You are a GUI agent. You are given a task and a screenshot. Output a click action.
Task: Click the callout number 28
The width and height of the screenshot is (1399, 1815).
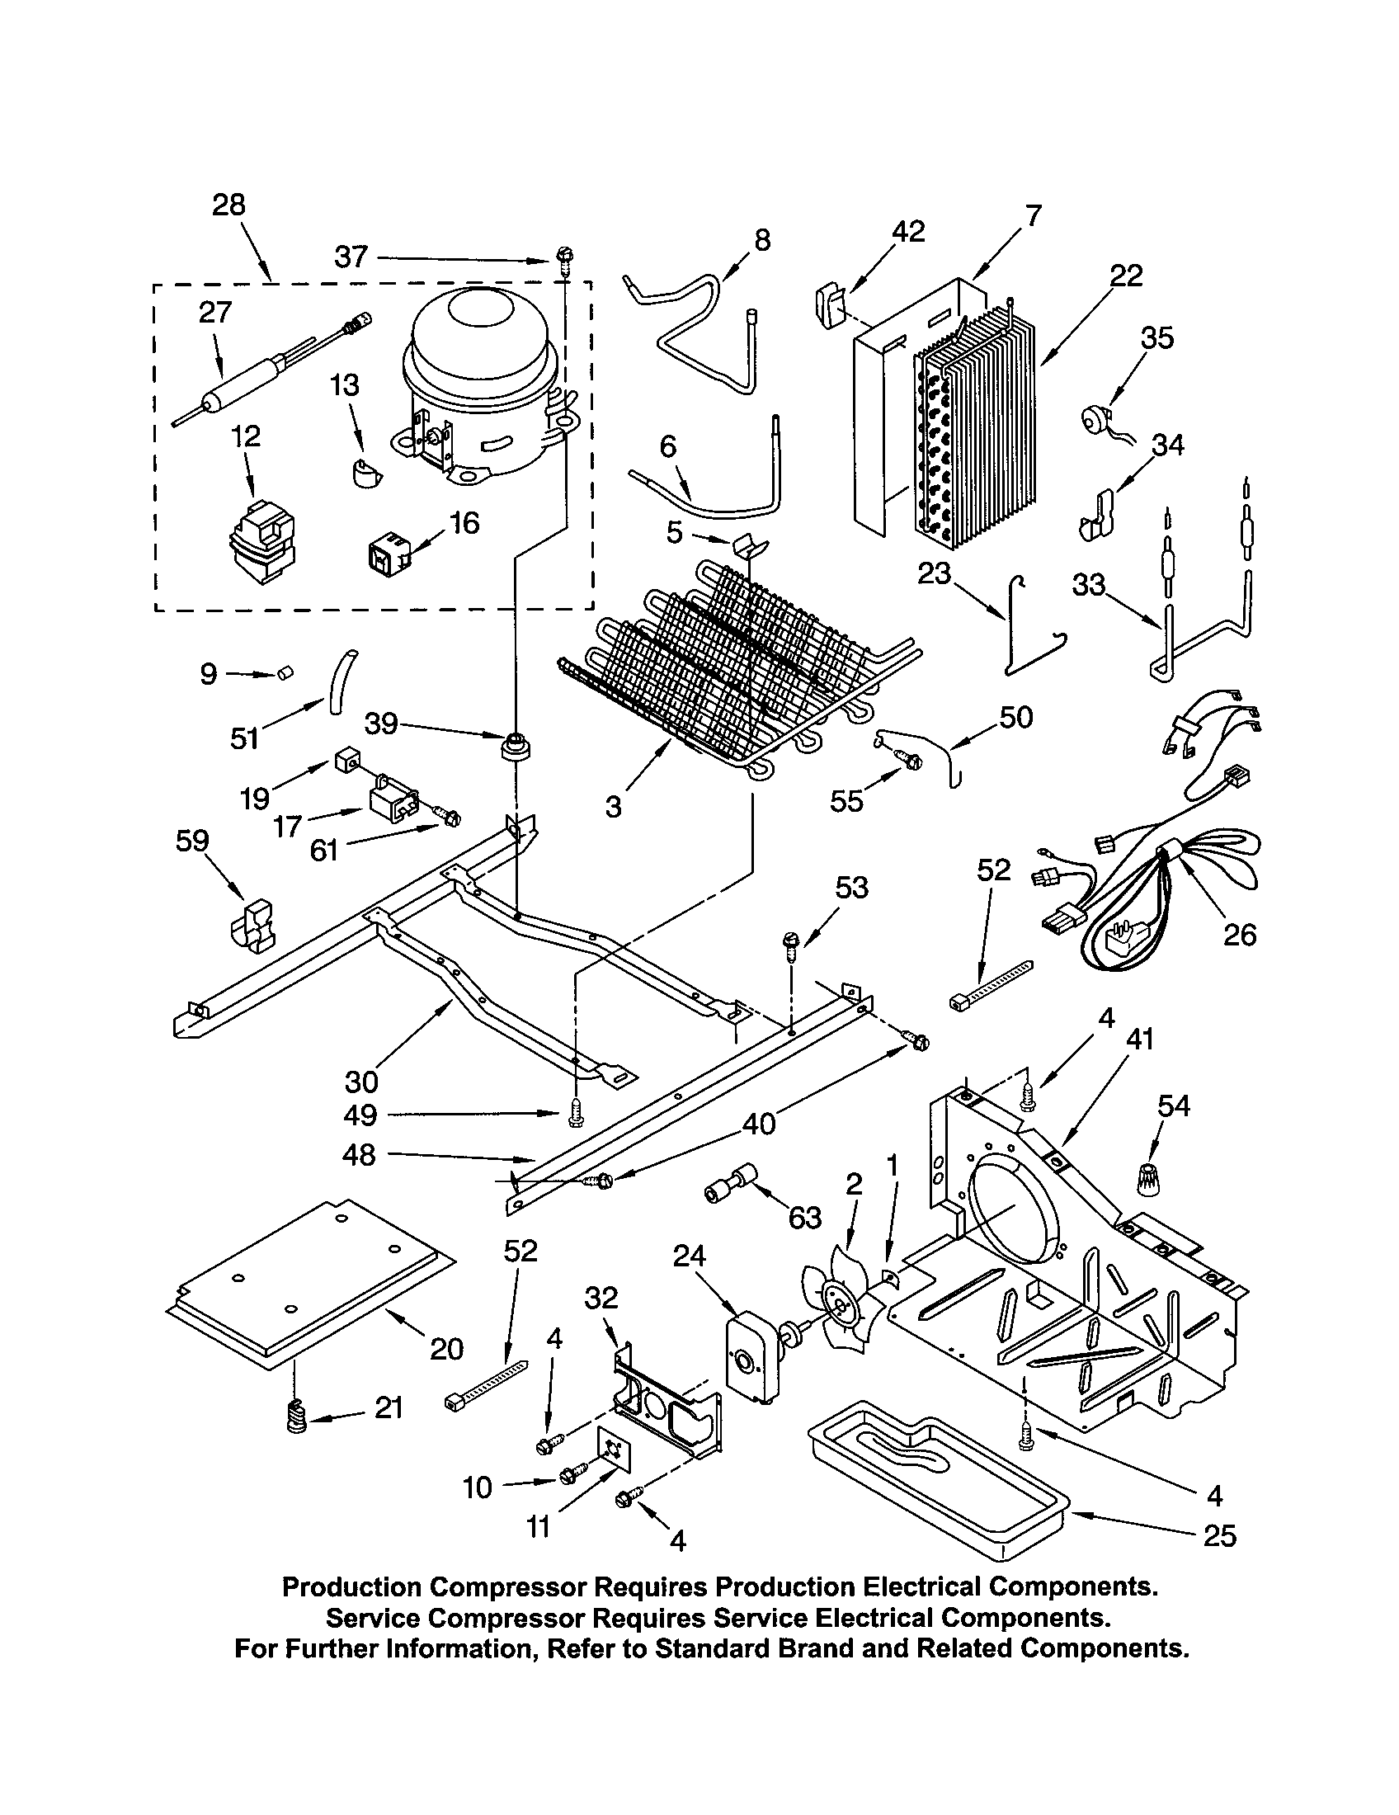pos(228,205)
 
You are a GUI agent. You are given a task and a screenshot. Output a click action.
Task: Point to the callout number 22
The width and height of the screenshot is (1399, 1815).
pos(1126,275)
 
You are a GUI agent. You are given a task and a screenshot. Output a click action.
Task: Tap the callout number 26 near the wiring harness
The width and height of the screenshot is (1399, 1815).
pos(1240,935)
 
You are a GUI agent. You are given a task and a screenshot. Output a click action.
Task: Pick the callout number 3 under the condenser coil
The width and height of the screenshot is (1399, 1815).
pos(613,805)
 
